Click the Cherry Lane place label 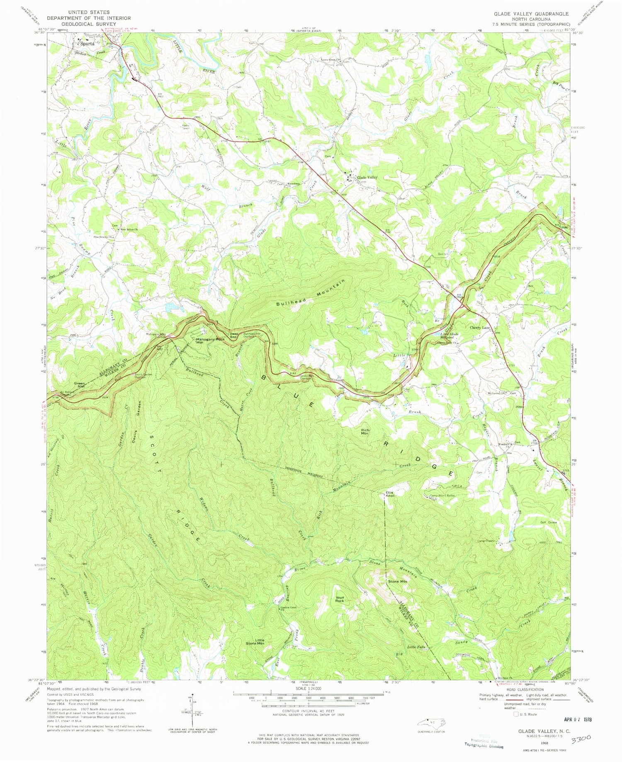point(480,328)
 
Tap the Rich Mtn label point(365,432)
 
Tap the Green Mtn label point(79,385)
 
